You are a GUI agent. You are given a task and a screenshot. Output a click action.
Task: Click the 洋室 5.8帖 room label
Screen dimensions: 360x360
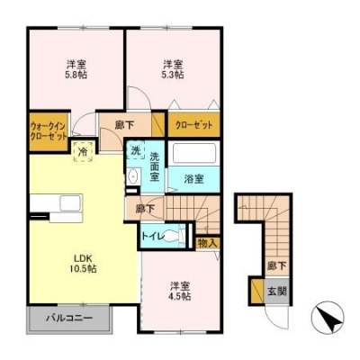tap(75, 70)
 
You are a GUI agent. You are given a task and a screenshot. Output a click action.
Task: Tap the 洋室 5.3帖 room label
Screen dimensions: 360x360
tap(173, 70)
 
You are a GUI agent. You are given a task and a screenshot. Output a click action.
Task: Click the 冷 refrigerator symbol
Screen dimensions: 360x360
tap(84, 151)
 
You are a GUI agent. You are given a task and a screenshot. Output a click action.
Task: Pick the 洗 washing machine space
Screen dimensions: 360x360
tap(134, 150)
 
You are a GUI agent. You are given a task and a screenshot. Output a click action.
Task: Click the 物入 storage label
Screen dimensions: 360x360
tap(207, 241)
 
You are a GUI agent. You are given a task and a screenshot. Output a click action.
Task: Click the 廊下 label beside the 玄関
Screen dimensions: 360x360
tap(276, 266)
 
